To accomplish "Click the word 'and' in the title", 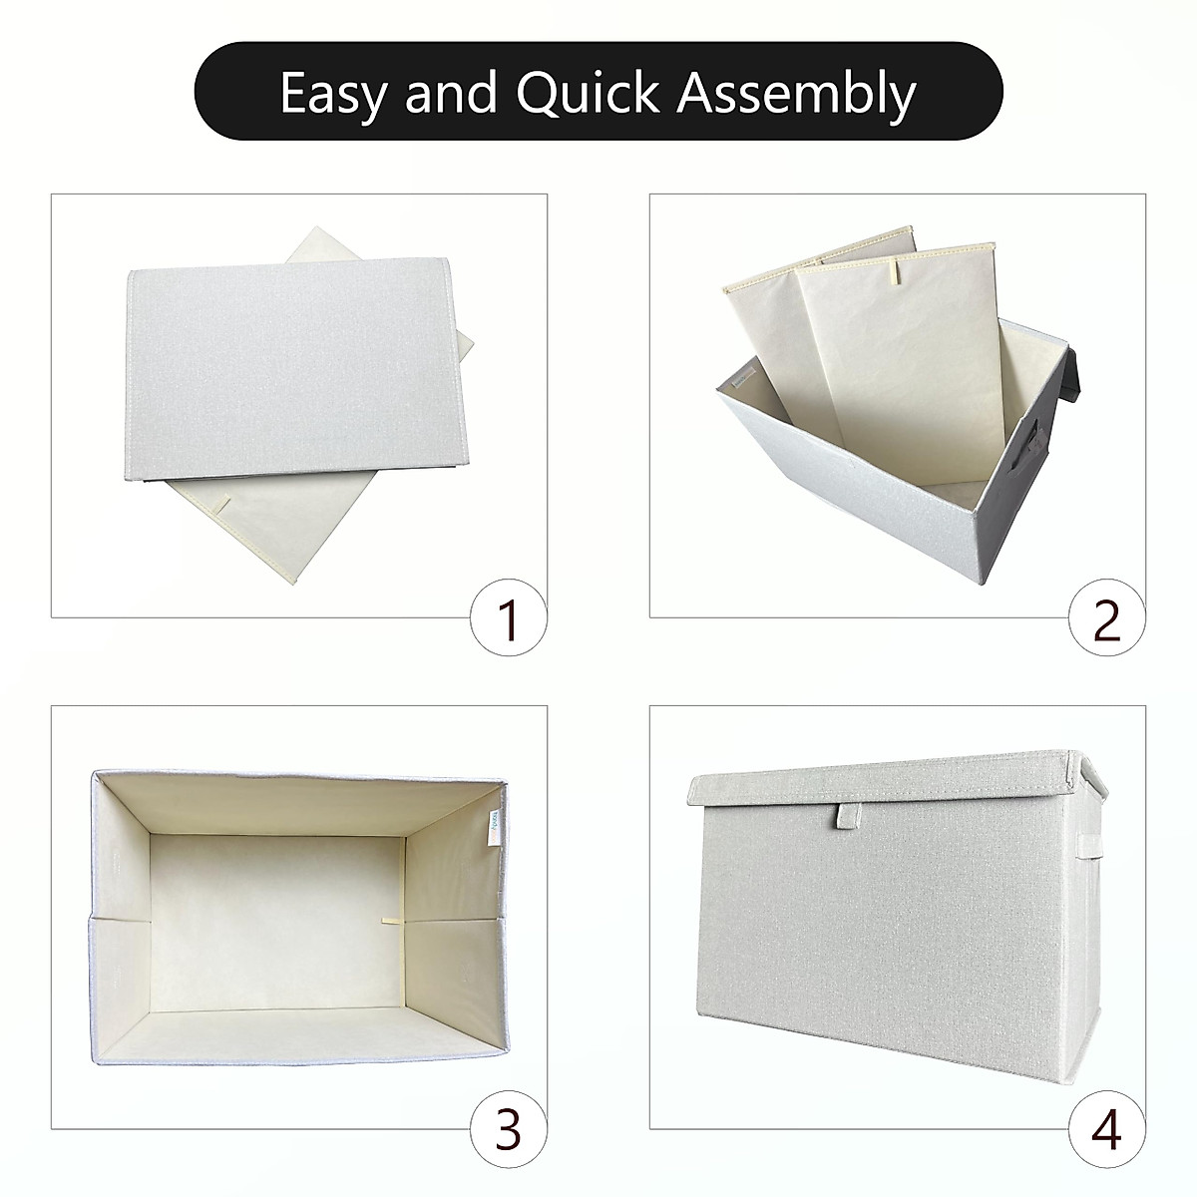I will click(452, 93).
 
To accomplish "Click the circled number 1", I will click(509, 620).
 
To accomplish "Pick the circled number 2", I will click(1107, 620).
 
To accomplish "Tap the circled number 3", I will click(509, 1130).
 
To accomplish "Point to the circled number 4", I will click(1107, 1130).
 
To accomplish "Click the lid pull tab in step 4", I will click(847, 817).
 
